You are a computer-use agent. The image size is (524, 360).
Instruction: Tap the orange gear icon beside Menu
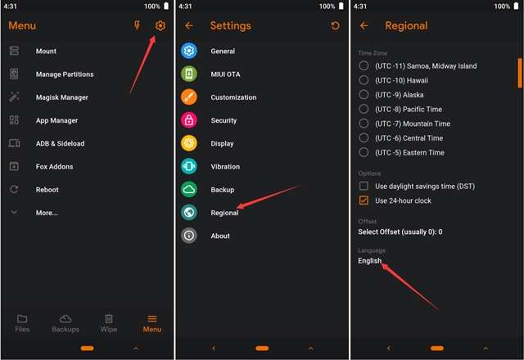(x=160, y=25)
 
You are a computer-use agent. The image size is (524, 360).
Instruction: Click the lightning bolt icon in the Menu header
(x=137, y=25)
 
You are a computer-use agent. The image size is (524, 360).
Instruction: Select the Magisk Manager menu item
(x=62, y=97)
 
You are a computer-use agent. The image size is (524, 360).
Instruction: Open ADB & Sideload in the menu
(x=60, y=144)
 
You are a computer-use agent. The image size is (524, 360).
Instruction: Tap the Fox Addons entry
(x=55, y=167)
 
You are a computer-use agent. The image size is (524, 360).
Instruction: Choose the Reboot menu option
(x=47, y=190)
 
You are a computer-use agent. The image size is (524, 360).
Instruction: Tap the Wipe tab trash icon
(x=109, y=318)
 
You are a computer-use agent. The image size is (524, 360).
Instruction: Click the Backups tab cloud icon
(x=65, y=319)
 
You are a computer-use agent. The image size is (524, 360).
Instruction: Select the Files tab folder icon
(x=22, y=319)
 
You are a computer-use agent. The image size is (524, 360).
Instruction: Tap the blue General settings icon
(x=189, y=51)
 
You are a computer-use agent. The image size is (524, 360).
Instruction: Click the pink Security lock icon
(x=189, y=120)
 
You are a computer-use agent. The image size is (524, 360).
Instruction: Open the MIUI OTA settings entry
(x=225, y=74)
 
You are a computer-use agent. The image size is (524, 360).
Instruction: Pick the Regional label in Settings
(x=224, y=213)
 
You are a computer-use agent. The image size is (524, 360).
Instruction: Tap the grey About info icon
(x=189, y=236)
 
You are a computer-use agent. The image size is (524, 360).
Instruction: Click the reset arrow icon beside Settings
(x=335, y=25)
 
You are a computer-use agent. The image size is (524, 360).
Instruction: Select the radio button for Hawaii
(x=364, y=80)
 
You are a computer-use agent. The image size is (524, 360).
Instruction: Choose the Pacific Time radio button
(x=364, y=109)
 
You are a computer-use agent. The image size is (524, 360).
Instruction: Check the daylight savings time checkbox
(x=364, y=186)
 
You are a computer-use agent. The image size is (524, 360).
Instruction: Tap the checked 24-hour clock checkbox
(x=364, y=200)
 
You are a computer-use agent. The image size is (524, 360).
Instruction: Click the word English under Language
(x=369, y=261)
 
